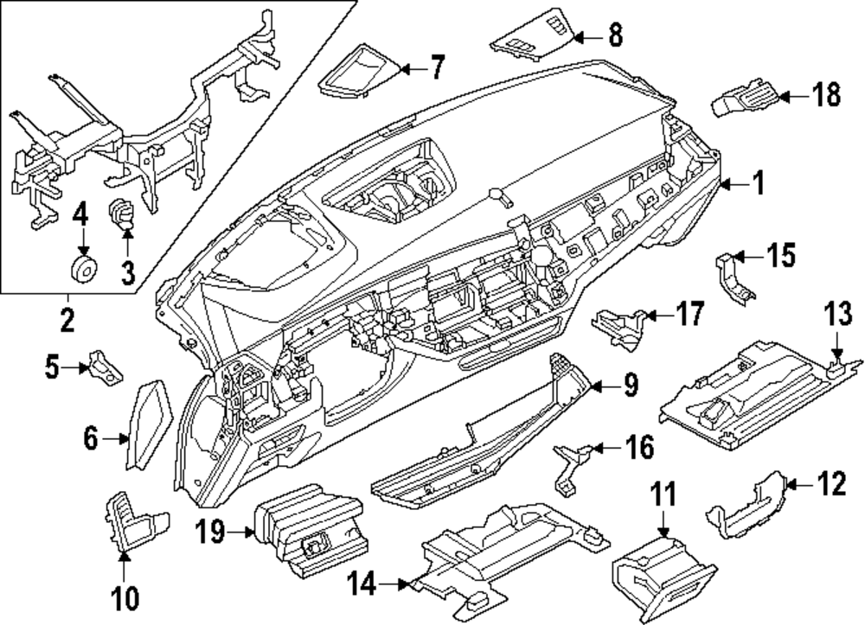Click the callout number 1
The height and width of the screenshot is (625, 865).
(759, 182)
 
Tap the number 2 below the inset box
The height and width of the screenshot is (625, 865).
(67, 319)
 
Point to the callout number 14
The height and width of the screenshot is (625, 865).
(362, 584)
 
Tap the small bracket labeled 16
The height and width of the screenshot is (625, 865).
(571, 466)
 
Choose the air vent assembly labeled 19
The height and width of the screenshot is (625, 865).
(309, 529)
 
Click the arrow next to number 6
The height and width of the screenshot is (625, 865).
(116, 439)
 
